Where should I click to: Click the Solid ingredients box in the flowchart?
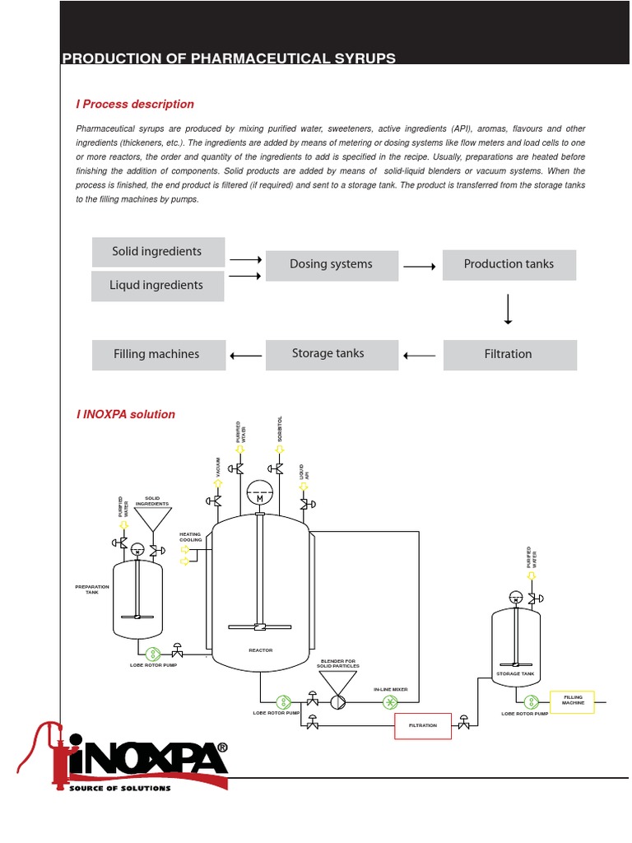tap(157, 252)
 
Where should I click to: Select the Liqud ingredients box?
tap(157, 286)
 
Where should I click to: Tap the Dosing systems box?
tap(331, 265)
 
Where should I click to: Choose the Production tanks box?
tap(509, 264)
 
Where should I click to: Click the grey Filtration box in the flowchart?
tap(509, 354)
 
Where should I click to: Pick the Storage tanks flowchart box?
tap(328, 354)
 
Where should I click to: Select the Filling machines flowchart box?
tap(156, 354)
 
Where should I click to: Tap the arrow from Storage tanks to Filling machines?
tap(245, 356)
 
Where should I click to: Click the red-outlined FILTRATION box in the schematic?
tap(423, 725)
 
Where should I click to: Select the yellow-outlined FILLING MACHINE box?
tap(573, 700)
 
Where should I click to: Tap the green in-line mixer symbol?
tap(390, 702)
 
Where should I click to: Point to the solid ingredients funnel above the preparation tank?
tap(152, 519)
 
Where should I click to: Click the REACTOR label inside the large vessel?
tap(260, 650)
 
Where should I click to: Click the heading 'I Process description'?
tap(135, 105)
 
